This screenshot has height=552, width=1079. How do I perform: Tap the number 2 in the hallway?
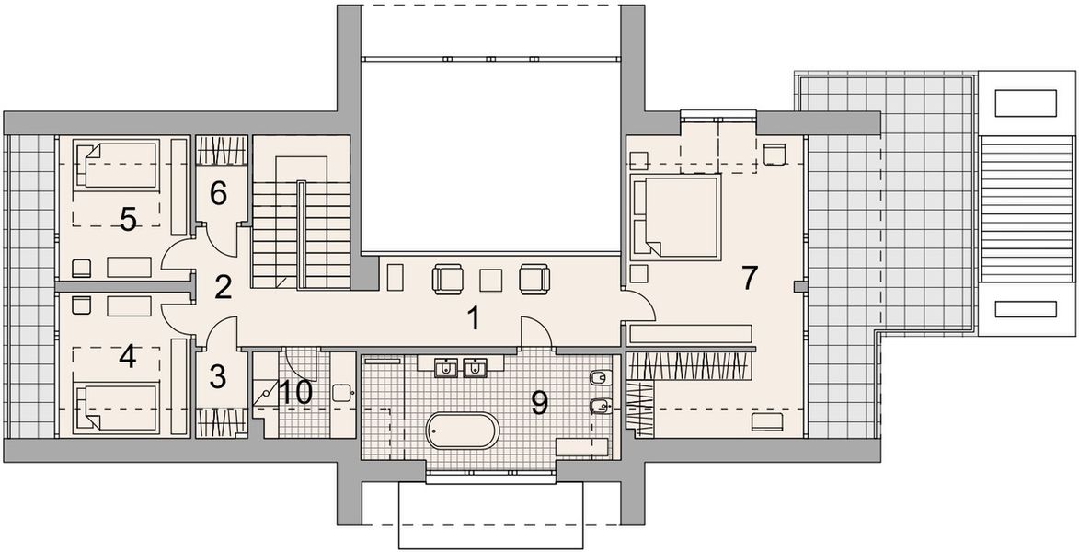click(222, 287)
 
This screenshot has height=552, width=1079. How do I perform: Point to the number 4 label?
click(128, 356)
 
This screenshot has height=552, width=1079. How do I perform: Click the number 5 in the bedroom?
click(128, 219)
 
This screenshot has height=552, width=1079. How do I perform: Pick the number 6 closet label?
click(217, 192)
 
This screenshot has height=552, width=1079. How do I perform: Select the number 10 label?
click(296, 393)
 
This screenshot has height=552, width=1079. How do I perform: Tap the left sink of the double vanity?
click(446, 368)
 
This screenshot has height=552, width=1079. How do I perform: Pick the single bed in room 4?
click(118, 409)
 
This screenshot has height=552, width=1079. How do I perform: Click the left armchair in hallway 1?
click(448, 278)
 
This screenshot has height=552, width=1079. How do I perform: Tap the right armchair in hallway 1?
click(534, 278)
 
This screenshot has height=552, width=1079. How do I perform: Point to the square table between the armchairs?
click(491, 278)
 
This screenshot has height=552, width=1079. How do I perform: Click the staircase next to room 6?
click(301, 221)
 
